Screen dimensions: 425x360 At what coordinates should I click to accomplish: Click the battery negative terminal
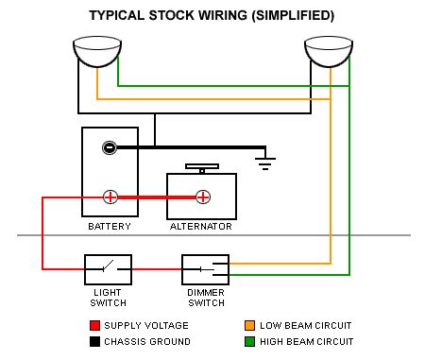(x=110, y=147)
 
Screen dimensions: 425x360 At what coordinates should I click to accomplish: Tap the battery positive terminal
(x=110, y=197)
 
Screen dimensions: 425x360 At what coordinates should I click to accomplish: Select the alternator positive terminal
(x=203, y=197)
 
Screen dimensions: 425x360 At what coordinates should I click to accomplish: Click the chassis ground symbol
(x=265, y=163)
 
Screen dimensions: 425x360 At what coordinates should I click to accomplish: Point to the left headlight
(x=97, y=51)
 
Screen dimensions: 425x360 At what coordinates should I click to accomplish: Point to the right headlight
(x=329, y=51)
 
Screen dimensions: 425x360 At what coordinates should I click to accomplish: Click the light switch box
(x=108, y=269)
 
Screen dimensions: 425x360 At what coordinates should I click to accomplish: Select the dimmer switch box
(x=205, y=269)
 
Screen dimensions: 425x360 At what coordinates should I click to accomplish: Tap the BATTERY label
(x=110, y=227)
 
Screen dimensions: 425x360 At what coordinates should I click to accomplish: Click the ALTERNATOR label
(x=201, y=227)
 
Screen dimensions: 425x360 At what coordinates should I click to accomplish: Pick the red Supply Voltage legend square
(x=94, y=325)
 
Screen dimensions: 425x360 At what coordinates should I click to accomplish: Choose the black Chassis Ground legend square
(x=94, y=341)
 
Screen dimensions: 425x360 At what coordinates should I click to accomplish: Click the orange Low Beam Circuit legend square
(x=249, y=325)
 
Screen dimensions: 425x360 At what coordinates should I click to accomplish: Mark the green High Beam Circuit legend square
(x=249, y=341)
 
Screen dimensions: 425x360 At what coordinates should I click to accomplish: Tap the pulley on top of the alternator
(x=202, y=168)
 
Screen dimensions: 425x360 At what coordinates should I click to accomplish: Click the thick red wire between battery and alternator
(x=157, y=197)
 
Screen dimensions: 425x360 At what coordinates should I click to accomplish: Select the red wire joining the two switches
(x=157, y=269)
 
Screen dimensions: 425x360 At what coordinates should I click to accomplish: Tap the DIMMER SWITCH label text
(x=206, y=298)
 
